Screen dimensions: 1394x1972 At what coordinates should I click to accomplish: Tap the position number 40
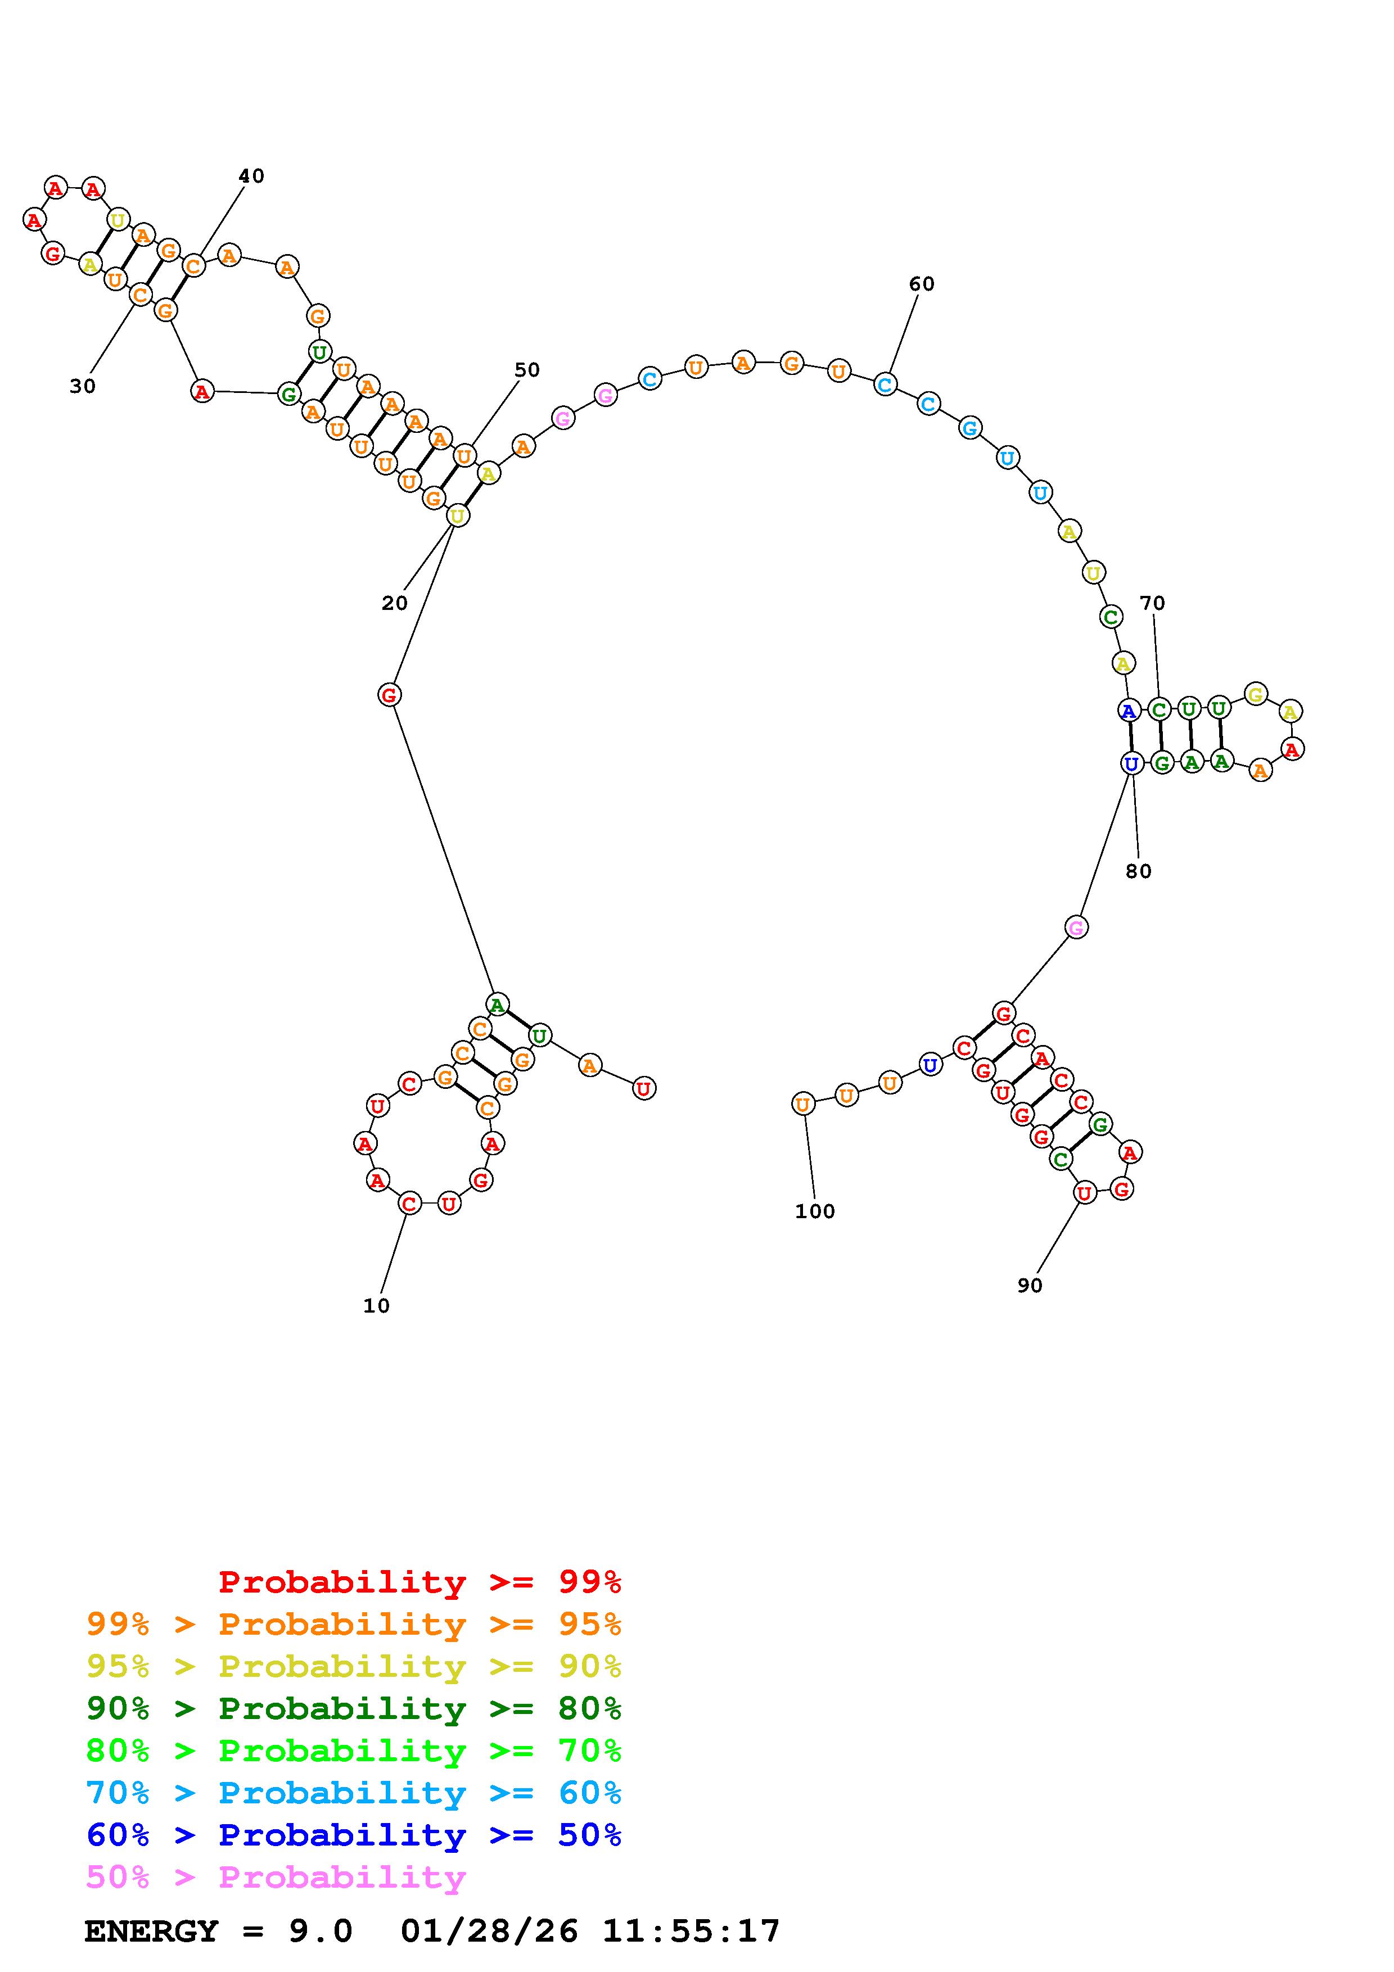tap(251, 176)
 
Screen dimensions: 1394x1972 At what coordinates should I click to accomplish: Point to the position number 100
tap(814, 1212)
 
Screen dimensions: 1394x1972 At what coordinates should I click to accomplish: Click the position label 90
tap(1029, 1286)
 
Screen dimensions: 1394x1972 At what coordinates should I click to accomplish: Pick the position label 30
tap(83, 387)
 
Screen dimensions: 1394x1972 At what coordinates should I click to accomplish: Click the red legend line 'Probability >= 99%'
tap(420, 1582)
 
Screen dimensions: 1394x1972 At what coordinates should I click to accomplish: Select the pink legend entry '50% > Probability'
tap(276, 1878)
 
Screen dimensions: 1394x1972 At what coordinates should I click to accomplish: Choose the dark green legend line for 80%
tap(354, 1708)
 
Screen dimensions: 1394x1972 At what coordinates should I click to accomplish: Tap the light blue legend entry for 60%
tap(354, 1793)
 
